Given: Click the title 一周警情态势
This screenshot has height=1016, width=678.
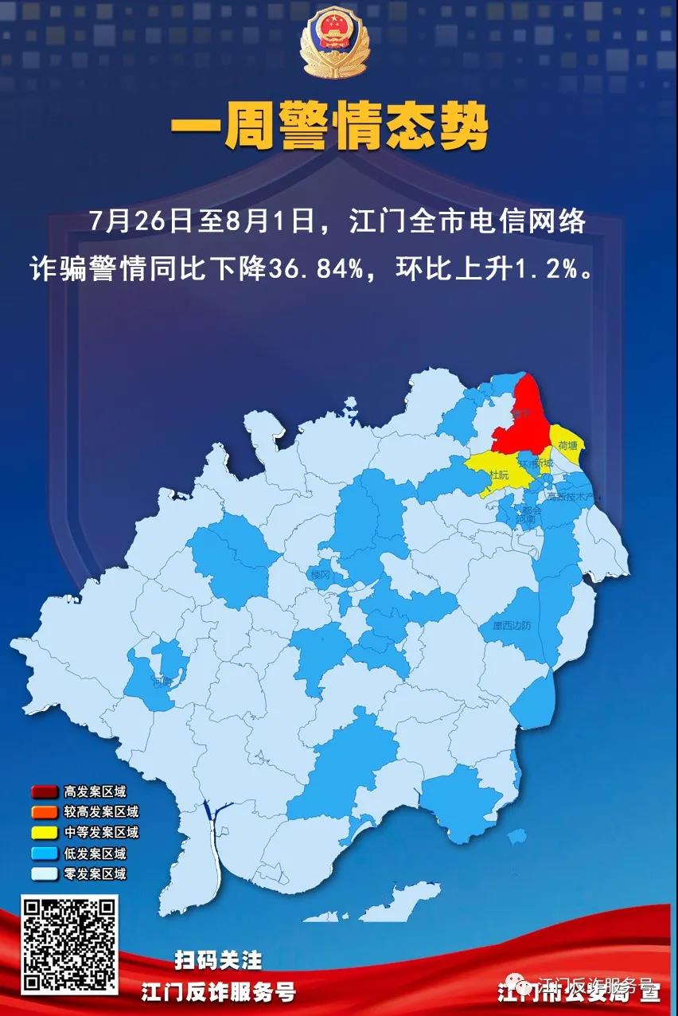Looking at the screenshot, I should click(x=329, y=129).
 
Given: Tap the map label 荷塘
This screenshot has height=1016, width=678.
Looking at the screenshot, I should click(x=568, y=446).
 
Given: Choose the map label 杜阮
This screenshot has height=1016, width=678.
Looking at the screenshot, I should click(x=500, y=475).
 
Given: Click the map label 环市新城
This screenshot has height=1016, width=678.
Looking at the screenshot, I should click(x=534, y=462).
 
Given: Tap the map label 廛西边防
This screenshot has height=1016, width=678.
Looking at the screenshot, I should click(x=511, y=626).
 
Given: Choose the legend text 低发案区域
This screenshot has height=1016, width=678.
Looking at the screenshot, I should click(x=95, y=854).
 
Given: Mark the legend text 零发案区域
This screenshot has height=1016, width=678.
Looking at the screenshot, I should click(x=95, y=873).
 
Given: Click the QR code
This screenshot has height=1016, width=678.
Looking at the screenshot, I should click(x=70, y=945).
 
